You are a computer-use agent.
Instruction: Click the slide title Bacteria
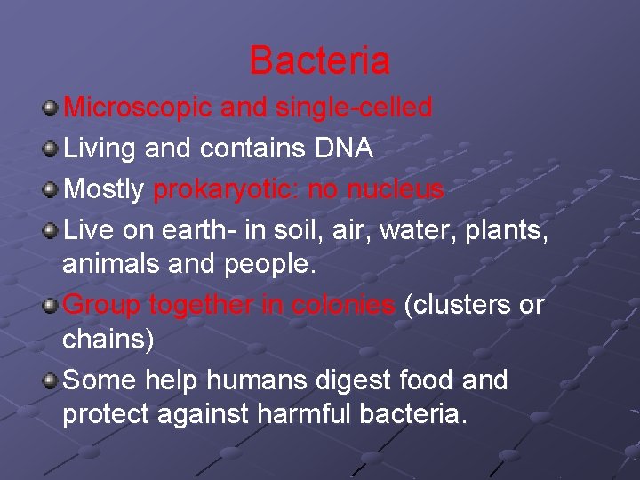pos(319,60)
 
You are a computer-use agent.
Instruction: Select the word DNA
pos(344,148)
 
